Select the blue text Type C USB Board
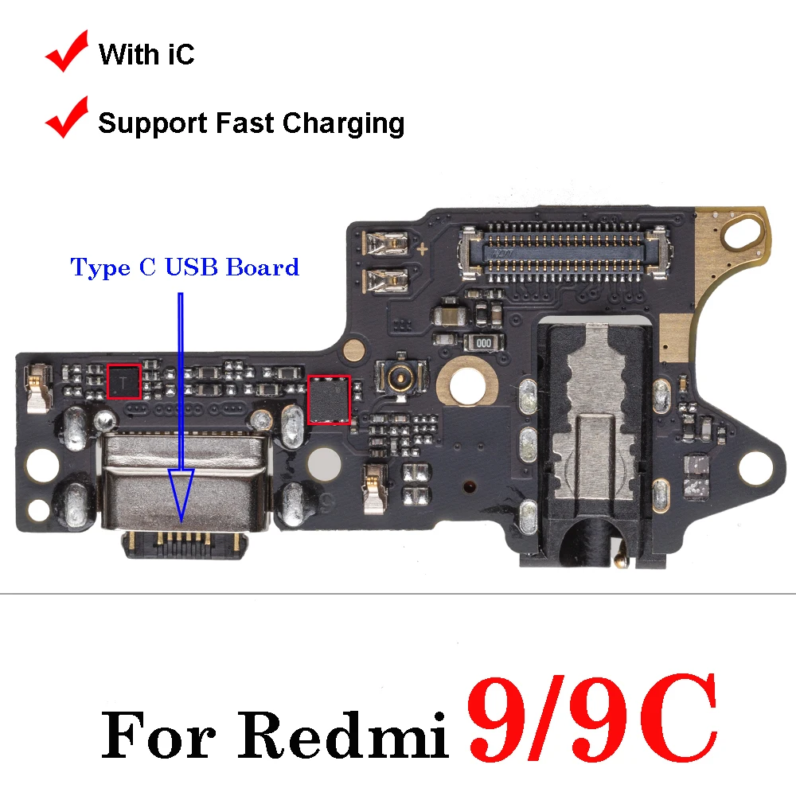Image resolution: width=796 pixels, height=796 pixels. pos(185,267)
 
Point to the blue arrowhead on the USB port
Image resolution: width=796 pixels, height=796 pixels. pos(181,494)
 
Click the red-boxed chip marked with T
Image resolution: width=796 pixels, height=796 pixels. pos(123,382)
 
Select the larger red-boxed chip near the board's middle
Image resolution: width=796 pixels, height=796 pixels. pos(330,400)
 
